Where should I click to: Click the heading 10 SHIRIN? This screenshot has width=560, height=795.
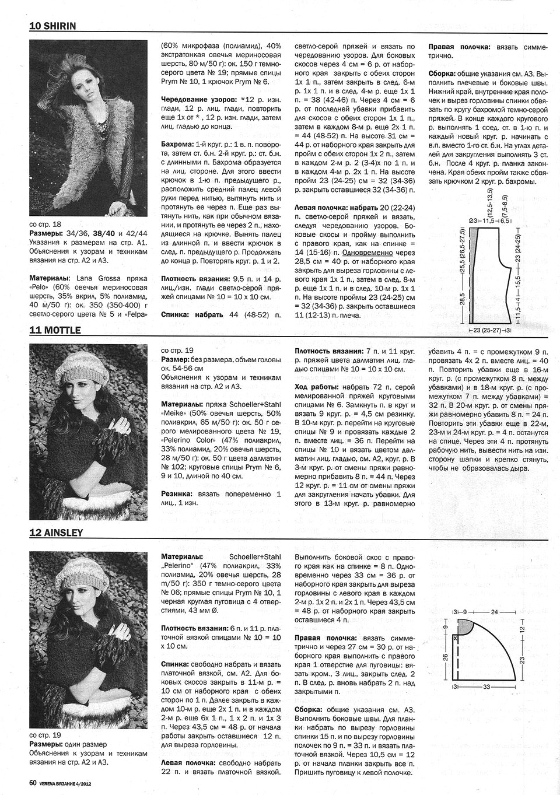(53, 26)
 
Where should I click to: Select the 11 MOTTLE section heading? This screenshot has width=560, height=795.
(55, 330)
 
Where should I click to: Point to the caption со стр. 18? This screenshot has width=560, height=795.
(44, 224)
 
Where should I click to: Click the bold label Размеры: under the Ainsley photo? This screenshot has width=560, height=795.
(46, 745)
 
